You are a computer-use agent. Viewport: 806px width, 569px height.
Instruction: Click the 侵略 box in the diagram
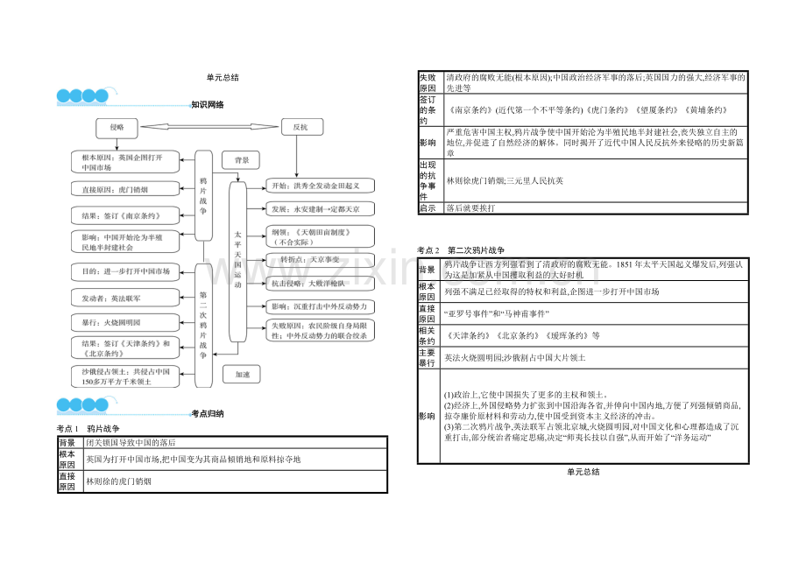[x=117, y=127]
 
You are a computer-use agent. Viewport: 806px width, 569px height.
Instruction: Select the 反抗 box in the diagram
[x=300, y=127]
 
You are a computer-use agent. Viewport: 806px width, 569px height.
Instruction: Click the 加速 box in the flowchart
[x=242, y=374]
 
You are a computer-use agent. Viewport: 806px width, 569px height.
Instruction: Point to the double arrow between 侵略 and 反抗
[x=209, y=127]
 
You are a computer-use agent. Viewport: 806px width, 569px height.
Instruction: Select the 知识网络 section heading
[x=208, y=104]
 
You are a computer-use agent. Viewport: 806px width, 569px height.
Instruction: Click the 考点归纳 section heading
[x=208, y=413]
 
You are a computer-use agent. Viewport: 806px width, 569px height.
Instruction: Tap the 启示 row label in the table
[x=428, y=208]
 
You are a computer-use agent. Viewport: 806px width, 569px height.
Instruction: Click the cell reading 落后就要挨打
[x=470, y=208]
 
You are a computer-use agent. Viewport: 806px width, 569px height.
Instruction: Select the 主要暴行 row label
[x=428, y=357]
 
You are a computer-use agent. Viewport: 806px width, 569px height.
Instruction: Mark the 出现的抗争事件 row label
[x=428, y=180]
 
